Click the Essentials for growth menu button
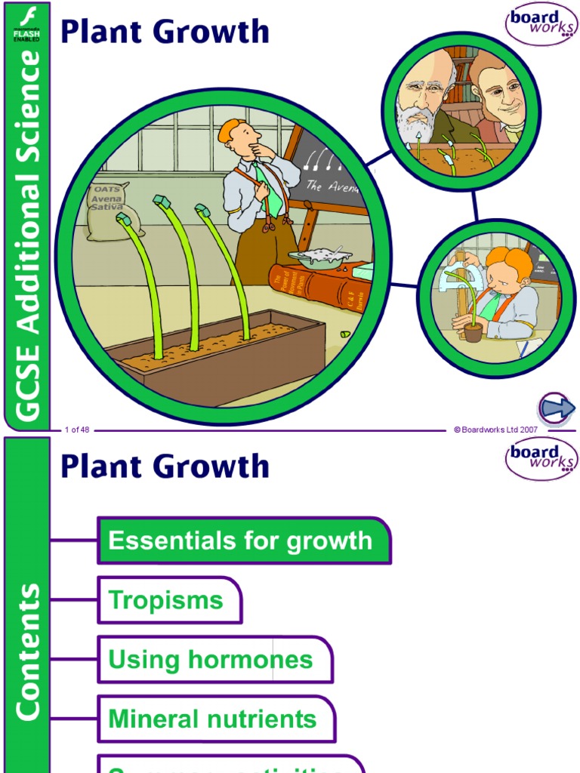[243, 540]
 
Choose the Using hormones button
[214, 660]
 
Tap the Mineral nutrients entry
[216, 719]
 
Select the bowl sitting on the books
[319, 259]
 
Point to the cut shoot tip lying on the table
[345, 334]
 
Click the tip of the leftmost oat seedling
[123, 220]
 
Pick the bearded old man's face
[422, 98]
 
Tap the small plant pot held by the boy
[473, 332]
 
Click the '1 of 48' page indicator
[77, 430]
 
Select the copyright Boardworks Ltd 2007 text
[495, 430]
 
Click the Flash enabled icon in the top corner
[26, 23]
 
